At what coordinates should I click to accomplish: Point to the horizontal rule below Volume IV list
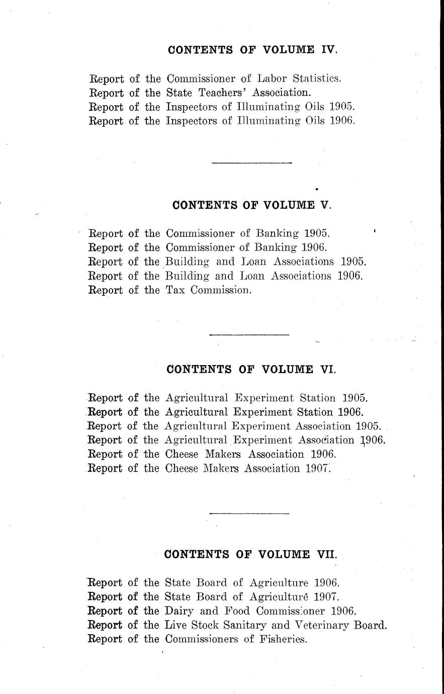coord(252,162)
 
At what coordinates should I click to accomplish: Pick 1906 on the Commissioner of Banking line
coord(315,247)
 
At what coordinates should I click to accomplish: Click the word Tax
coord(176,290)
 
